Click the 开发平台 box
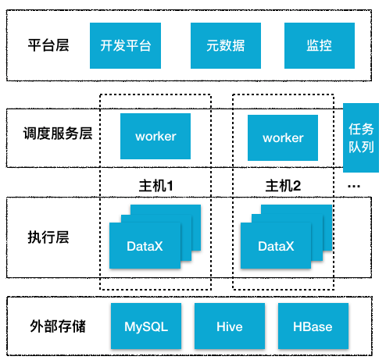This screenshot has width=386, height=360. click(x=126, y=45)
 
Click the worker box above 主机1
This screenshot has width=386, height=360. click(x=155, y=137)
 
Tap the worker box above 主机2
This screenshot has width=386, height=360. click(x=283, y=137)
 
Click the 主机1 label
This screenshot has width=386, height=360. click(x=155, y=187)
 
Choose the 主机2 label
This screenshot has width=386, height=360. click(x=283, y=187)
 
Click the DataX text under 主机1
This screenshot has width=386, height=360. click(x=145, y=247)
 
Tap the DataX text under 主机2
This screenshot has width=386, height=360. click(x=276, y=247)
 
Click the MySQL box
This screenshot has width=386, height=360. click(x=146, y=326)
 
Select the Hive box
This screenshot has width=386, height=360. click(x=230, y=326)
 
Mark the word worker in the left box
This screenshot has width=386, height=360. click(x=155, y=137)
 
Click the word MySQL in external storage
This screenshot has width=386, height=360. click(x=146, y=326)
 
